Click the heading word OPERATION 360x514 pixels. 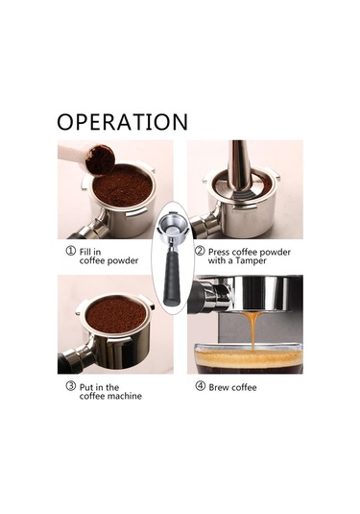click(x=122, y=122)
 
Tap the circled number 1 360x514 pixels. click(x=70, y=252)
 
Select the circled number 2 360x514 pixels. click(x=200, y=252)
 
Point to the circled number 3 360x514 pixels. click(x=70, y=387)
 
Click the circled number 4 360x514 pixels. click(x=200, y=387)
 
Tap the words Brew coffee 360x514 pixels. click(x=233, y=387)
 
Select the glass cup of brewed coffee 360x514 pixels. click(x=249, y=357)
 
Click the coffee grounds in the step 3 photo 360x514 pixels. click(x=115, y=313)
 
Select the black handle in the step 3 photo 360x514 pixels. click(x=70, y=360)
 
